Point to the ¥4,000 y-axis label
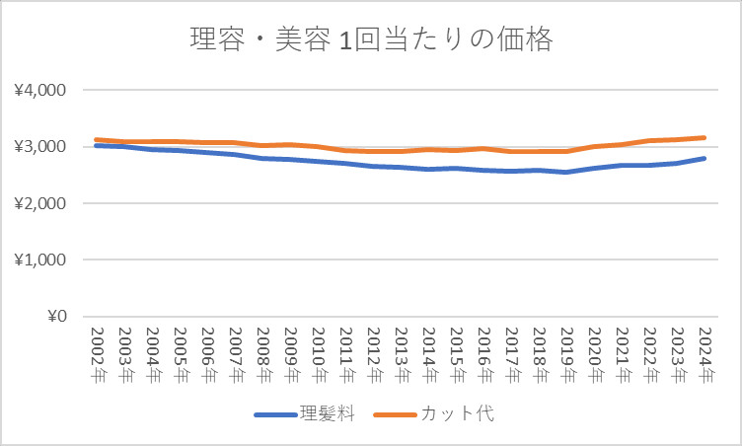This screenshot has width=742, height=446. point(39,90)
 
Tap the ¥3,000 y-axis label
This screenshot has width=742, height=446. point(39,147)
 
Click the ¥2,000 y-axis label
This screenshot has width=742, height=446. point(39,203)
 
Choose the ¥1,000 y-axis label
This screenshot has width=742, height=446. point(39,260)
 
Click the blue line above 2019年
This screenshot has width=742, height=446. point(567,172)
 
